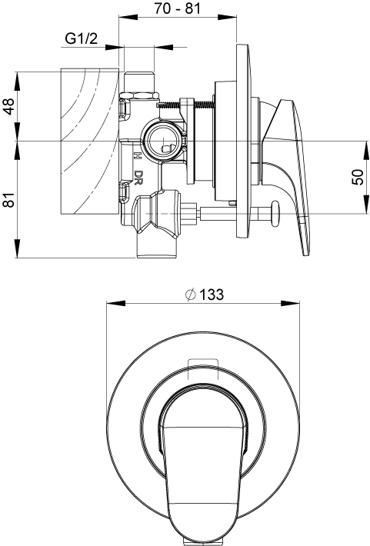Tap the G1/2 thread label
(81, 39)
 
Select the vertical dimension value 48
(9, 106)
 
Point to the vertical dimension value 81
(9, 200)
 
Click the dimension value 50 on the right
(358, 177)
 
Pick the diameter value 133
(209, 295)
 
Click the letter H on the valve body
(138, 155)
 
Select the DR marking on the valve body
(138, 178)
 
